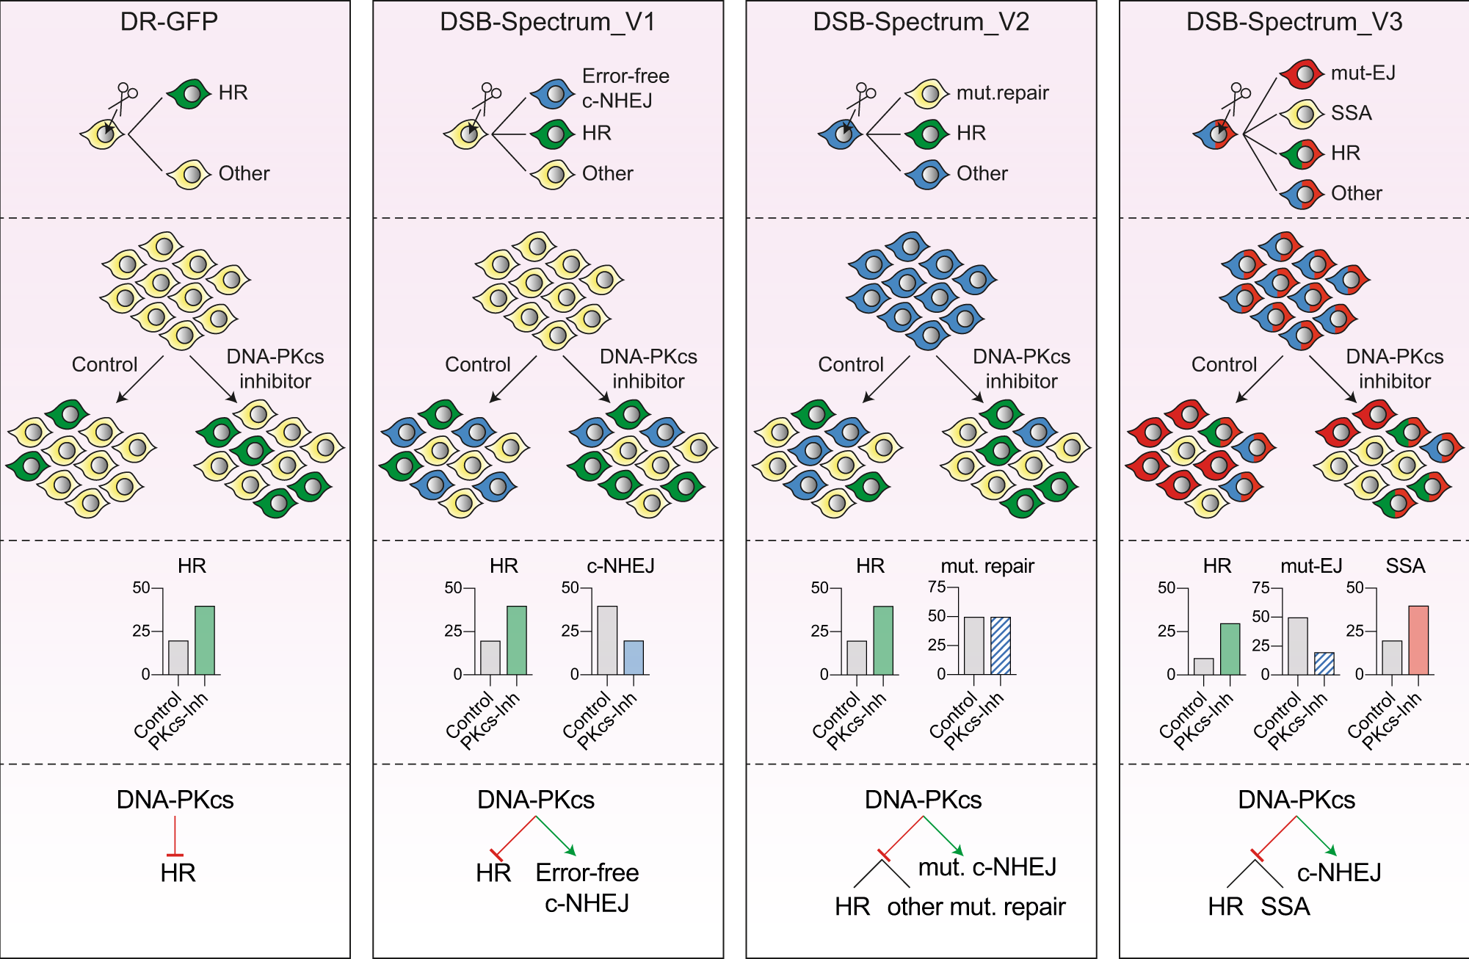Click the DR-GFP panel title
(x=169, y=21)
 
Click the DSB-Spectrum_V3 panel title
(x=1294, y=22)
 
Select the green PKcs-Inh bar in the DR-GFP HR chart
(x=205, y=640)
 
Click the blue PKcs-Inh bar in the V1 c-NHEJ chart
(x=634, y=658)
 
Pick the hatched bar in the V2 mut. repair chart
(x=1000, y=646)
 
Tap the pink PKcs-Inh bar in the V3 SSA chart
(x=1418, y=640)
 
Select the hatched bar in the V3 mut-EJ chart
(x=1324, y=664)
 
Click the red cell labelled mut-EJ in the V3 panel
(x=1302, y=73)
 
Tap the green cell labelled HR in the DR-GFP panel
(x=189, y=94)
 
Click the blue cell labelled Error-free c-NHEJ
(x=553, y=93)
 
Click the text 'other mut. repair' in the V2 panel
(x=976, y=907)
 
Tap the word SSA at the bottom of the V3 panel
(x=1285, y=907)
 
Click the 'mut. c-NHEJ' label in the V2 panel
(x=987, y=867)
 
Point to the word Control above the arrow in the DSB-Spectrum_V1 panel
(x=477, y=364)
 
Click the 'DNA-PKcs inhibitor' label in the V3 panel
(x=1394, y=369)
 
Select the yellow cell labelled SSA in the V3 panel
(x=1302, y=114)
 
